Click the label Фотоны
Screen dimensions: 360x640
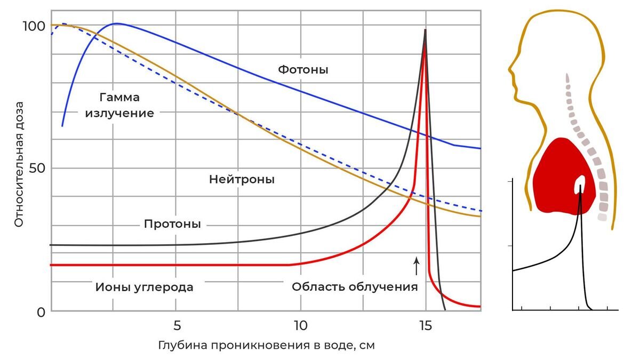[x=303, y=69]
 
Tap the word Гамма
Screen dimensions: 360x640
[x=119, y=98]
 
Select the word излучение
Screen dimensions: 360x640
[x=119, y=113]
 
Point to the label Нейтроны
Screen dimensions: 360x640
[x=242, y=180]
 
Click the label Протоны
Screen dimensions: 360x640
[x=172, y=224]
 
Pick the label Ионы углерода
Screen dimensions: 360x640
[x=144, y=287]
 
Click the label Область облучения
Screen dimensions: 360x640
[x=354, y=287]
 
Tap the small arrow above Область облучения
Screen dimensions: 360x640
[x=417, y=265]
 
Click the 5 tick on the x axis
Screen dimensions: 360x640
[x=177, y=325]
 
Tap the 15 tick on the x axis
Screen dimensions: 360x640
[x=425, y=325]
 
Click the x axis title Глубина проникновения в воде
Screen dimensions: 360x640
[x=266, y=345]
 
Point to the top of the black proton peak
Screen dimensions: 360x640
[x=425, y=30]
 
